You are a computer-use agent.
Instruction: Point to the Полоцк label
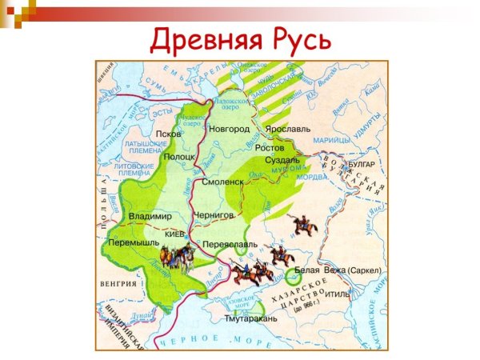(179, 157)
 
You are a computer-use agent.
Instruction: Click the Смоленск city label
(222, 182)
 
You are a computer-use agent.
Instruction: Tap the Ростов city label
(270, 148)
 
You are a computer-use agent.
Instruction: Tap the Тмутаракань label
(251, 318)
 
